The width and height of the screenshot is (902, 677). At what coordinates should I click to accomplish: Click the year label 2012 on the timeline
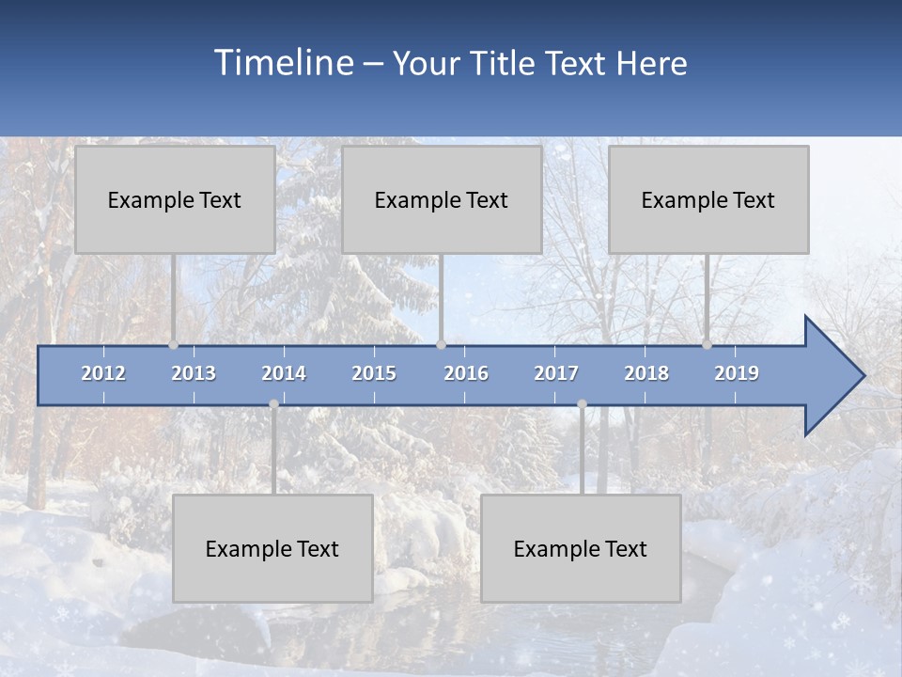point(103,373)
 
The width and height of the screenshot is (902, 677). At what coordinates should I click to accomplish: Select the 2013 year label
point(194,373)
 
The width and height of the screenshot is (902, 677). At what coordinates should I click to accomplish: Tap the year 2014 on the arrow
point(284,373)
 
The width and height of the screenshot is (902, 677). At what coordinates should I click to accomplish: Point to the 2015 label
point(374,373)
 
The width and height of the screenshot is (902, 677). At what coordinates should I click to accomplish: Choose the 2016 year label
point(466,373)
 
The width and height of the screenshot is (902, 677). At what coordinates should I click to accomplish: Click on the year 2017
point(556,373)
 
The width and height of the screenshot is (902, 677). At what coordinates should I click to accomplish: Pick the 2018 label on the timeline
point(646,373)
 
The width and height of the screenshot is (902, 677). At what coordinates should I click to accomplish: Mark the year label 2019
point(737,373)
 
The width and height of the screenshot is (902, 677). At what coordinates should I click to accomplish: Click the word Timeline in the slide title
point(282,63)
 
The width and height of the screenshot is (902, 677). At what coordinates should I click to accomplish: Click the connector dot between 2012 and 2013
point(174,345)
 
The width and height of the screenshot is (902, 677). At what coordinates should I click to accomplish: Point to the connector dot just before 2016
point(441,345)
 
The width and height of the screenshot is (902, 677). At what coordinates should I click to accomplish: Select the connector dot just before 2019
point(708,345)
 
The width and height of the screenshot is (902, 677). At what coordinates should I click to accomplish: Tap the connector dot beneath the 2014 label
point(273,404)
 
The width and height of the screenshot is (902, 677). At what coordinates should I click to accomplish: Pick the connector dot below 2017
point(582,404)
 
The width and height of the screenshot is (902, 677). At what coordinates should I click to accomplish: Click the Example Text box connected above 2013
point(175,199)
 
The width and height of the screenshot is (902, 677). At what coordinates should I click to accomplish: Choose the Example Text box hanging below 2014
point(272,548)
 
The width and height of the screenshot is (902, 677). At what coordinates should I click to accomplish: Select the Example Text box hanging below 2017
point(581,548)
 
